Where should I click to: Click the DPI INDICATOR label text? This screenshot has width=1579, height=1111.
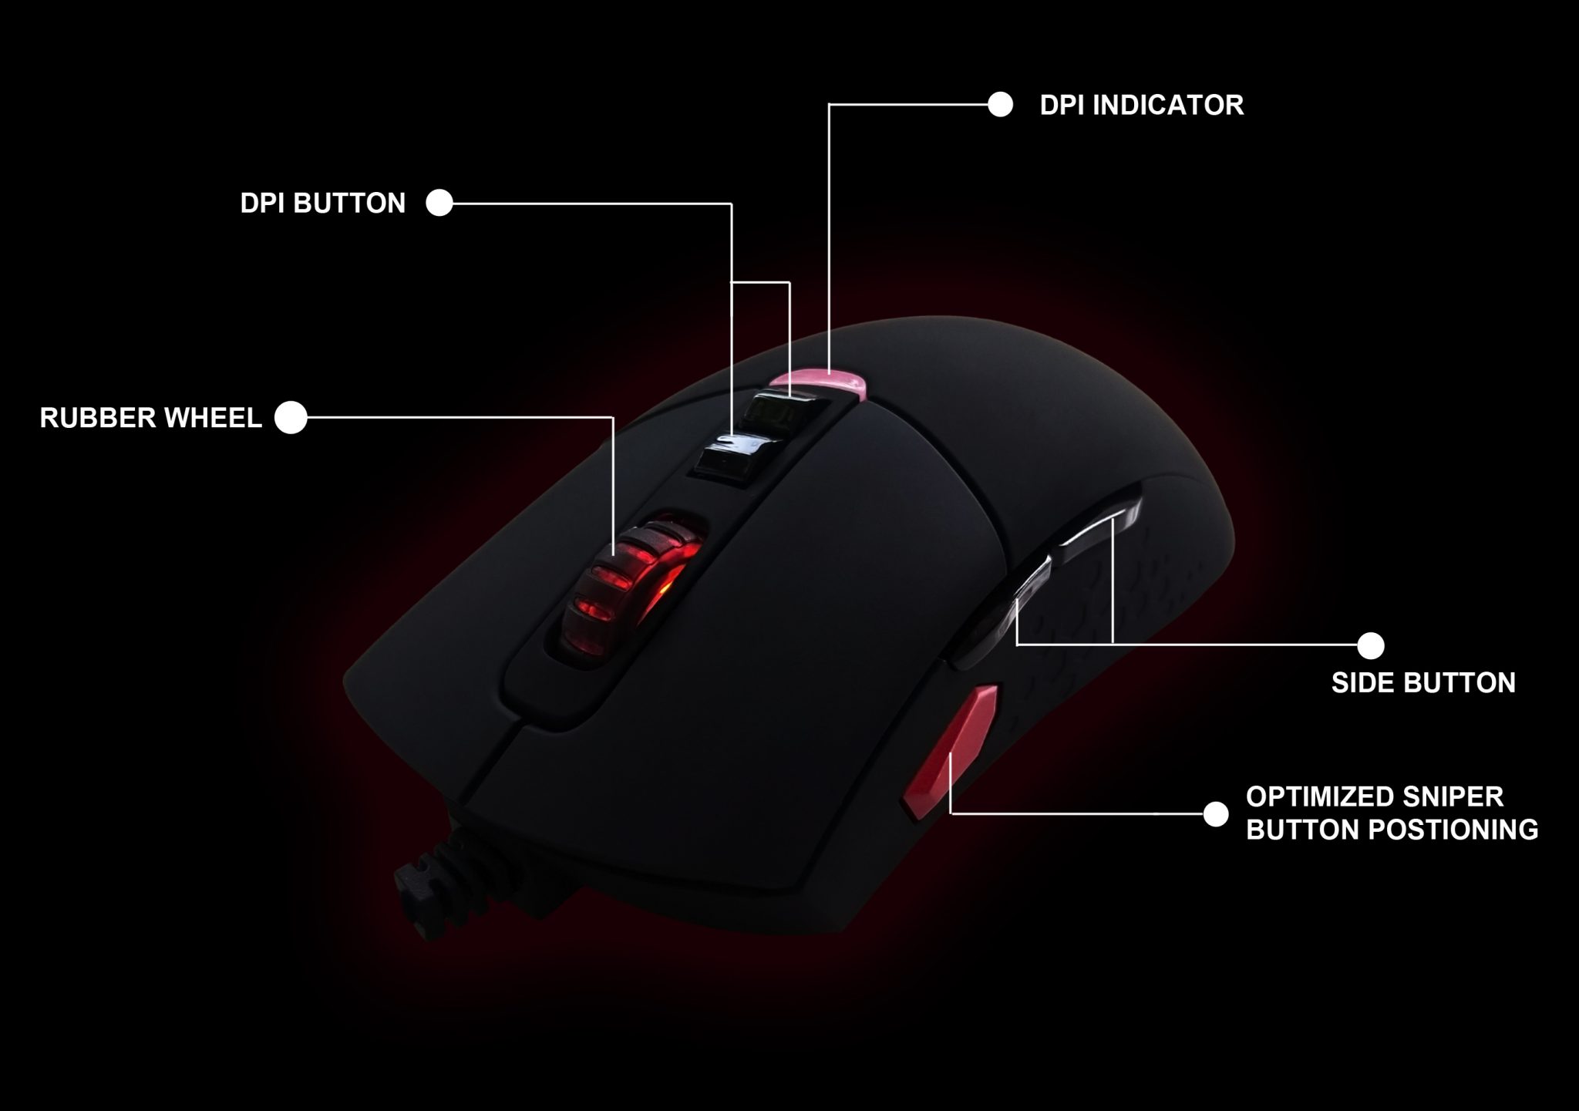tap(1141, 106)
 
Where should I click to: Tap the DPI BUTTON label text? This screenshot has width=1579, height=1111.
tap(322, 203)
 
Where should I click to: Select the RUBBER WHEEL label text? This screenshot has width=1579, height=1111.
tap(151, 418)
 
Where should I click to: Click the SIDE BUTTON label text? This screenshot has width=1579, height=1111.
tap(1423, 683)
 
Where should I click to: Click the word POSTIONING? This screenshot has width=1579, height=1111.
tap(1453, 830)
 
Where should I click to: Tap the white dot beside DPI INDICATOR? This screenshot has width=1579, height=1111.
tap(1000, 105)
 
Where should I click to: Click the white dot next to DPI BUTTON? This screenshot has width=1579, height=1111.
tap(439, 203)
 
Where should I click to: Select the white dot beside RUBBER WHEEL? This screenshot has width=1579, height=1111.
tap(291, 418)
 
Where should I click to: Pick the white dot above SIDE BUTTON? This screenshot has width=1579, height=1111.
tap(1370, 645)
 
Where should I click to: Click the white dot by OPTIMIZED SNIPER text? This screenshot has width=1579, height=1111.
tap(1215, 814)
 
